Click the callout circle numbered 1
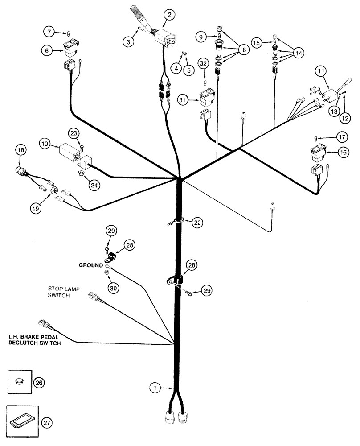coord(154,388)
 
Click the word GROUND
coord(91,264)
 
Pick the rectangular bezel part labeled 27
coord(21,419)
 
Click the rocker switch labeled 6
coord(72,46)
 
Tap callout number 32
coord(203,65)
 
